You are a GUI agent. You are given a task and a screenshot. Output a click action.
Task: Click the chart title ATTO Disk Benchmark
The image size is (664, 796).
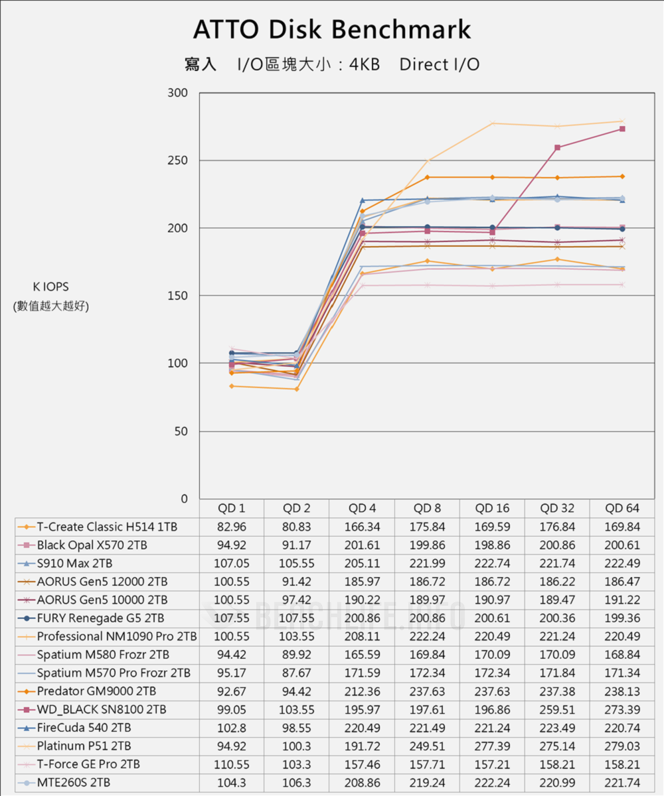point(332,30)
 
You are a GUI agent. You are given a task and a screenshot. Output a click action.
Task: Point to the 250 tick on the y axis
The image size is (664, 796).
point(178,161)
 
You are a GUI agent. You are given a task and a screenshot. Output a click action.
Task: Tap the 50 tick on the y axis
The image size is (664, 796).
point(181,431)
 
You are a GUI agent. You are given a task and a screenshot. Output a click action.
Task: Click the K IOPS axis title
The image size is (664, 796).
point(51,287)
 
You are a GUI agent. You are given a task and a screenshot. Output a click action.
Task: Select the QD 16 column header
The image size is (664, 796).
point(492,509)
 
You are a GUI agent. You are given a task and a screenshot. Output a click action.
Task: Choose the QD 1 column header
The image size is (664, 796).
point(232,509)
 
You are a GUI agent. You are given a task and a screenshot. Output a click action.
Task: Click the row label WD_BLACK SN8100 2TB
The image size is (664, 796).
point(102,709)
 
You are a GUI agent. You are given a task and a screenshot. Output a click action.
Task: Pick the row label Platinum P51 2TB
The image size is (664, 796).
point(84,746)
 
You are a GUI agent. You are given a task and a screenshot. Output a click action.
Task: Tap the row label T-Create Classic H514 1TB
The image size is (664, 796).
point(108,527)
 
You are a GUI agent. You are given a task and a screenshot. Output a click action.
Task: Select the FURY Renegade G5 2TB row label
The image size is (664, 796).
point(100,618)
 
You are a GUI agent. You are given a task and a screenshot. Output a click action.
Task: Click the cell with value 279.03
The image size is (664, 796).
point(622,746)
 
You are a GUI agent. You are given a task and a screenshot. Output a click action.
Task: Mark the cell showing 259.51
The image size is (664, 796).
point(557,709)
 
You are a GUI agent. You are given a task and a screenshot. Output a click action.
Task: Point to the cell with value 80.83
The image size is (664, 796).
point(297,527)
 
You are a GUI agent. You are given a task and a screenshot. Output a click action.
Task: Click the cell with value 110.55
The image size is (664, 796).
point(232,764)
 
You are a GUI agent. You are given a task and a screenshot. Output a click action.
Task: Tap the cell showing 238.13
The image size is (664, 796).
point(622,691)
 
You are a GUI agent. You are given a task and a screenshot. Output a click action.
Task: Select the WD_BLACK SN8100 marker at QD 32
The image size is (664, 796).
point(557,148)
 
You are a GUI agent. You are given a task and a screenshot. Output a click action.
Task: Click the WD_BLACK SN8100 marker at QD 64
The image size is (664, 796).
point(622,129)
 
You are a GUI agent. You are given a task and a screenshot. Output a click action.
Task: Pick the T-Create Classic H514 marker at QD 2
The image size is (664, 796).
point(297,389)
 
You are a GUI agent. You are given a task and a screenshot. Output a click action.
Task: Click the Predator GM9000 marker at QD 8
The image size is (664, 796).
point(427,177)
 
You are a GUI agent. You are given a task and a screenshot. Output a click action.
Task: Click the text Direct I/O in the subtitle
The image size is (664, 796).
point(440,64)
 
